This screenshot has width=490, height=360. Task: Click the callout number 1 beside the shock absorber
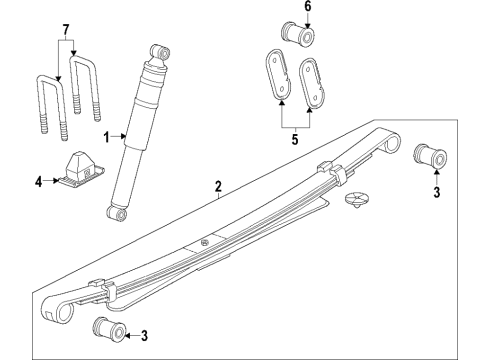106,137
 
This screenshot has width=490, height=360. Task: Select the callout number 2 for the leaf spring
218,186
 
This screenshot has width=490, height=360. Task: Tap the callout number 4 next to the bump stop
39,182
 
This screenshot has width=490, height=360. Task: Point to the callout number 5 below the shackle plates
295,139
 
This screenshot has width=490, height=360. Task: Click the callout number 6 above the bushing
308,6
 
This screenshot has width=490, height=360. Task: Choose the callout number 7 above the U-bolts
66,30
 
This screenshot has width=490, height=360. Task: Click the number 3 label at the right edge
437,192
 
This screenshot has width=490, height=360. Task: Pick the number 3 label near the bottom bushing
144,336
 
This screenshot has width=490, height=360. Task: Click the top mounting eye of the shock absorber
160,52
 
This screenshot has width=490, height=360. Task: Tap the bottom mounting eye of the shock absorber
116,213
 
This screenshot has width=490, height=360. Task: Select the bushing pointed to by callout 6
298,34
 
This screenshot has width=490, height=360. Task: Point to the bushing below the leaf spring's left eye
109,330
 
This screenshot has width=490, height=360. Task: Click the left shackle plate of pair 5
278,75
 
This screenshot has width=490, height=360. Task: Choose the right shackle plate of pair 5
314,82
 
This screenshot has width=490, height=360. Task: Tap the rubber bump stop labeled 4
81,169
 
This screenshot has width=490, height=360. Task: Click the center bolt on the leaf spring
205,242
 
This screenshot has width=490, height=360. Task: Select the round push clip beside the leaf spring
356,200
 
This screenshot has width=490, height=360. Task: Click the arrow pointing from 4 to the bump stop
52,181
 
